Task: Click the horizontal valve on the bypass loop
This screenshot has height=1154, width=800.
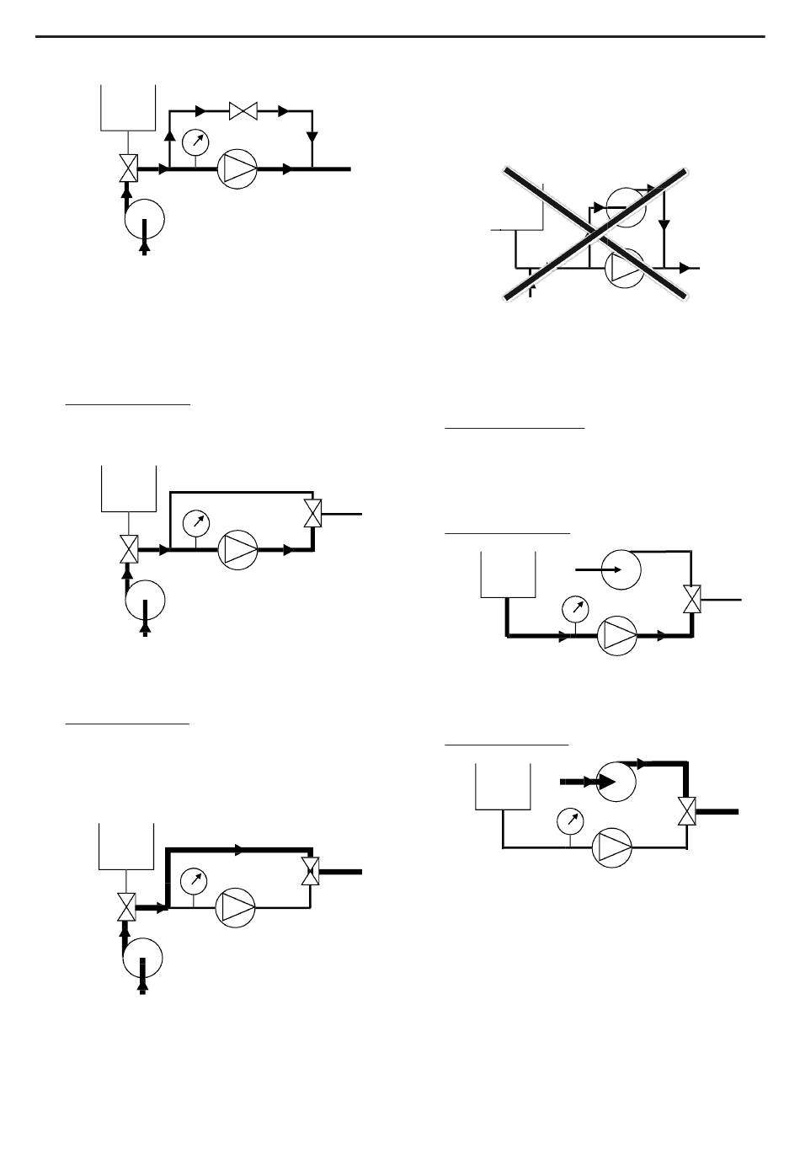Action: point(243,110)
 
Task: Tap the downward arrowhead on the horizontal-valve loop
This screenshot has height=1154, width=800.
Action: point(312,136)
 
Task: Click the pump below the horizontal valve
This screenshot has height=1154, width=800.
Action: point(237,169)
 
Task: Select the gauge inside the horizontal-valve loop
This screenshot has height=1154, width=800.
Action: point(195,141)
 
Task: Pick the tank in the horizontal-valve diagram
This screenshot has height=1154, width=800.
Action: point(128,107)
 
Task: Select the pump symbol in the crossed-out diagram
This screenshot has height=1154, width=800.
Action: point(625,269)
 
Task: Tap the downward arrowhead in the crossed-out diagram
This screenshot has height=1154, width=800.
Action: point(664,225)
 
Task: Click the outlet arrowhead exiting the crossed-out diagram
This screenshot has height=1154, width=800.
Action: point(685,268)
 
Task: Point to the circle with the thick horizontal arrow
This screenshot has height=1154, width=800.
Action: point(616,782)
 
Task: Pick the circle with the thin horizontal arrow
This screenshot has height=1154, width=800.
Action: point(621,569)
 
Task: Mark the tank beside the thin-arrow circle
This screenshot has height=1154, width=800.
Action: point(508,574)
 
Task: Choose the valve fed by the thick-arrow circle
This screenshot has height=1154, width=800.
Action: point(688,812)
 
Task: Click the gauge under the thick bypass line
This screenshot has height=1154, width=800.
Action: point(195,880)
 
